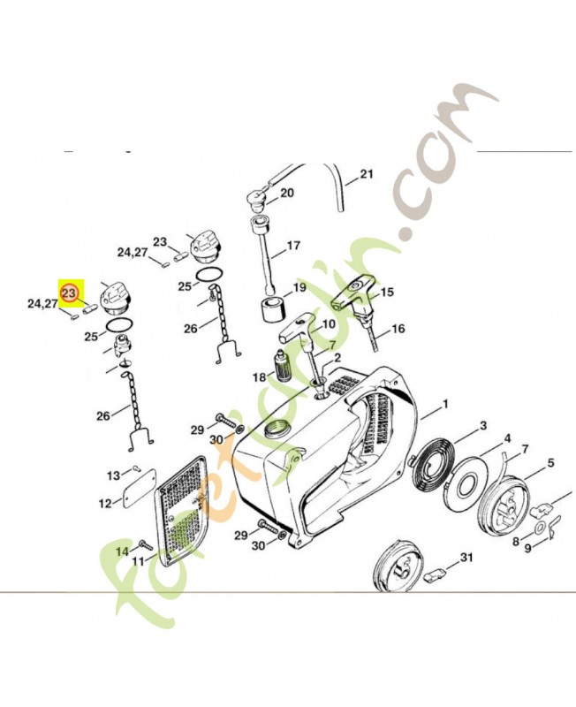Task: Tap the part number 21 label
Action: tap(367, 173)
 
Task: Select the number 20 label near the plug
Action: tap(286, 193)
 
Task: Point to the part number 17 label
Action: tap(293, 246)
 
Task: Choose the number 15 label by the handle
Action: tap(387, 293)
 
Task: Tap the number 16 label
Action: tap(398, 329)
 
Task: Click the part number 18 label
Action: tap(259, 377)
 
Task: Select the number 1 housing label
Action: tap(446, 405)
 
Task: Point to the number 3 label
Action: tap(482, 425)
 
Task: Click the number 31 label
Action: tap(466, 558)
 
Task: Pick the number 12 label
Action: tap(105, 503)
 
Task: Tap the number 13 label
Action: tap(114, 475)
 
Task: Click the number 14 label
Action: tap(123, 551)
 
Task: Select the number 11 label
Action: tap(138, 562)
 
